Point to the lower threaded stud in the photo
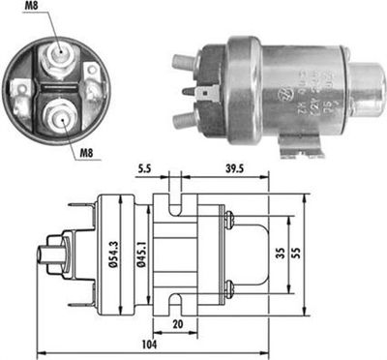click(x=182, y=119)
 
